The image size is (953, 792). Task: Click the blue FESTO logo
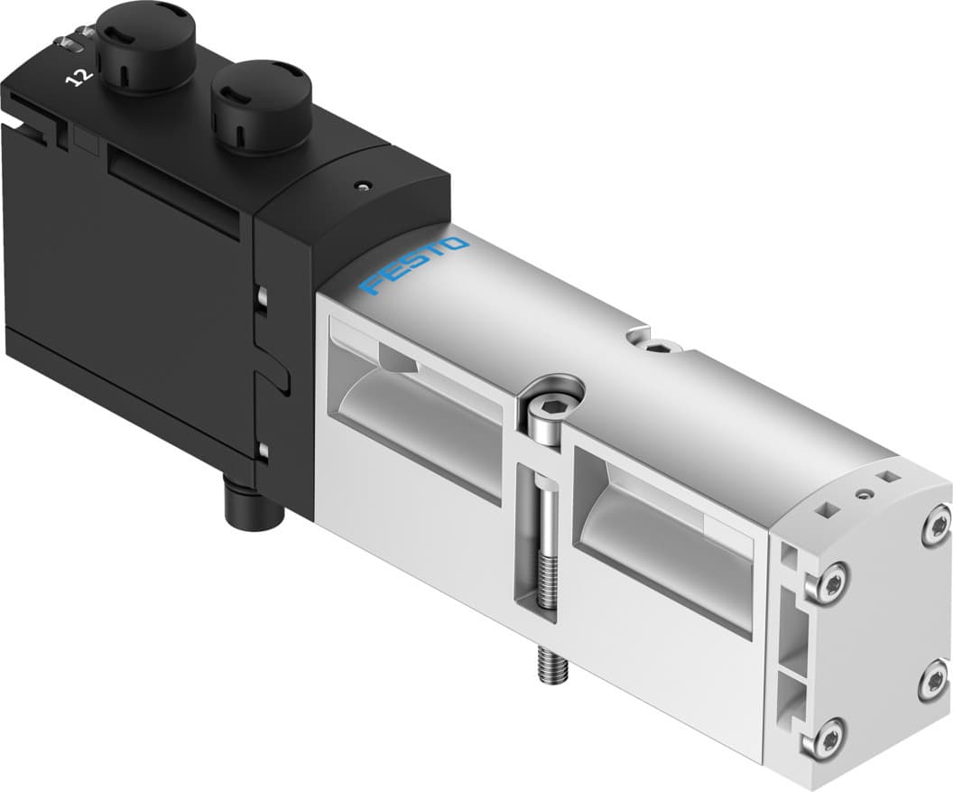point(414,266)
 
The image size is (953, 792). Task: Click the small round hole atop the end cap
point(866,494)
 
